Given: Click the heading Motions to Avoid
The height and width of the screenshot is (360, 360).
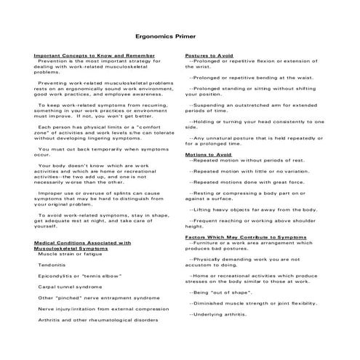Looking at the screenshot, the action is pyautogui.click(x=208, y=155).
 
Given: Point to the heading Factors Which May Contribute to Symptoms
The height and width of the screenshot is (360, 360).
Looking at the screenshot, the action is pyautogui.click(x=245, y=237).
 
